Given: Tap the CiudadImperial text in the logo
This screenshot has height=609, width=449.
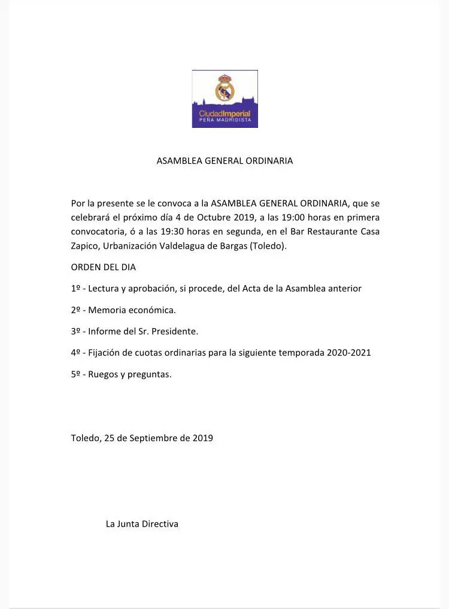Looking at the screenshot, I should pos(224,113).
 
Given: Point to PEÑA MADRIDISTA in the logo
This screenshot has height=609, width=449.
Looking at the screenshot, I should pos(224,120).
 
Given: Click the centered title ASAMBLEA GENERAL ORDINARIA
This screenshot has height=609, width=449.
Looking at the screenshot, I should pos(224,161).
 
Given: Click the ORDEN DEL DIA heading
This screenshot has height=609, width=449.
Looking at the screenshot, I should pos(103,267).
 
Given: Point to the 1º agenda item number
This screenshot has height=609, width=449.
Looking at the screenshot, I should pos(75,289).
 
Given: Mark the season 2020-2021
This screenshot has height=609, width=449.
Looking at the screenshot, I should pos(348,353).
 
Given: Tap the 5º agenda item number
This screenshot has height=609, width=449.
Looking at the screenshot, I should pos(75,374).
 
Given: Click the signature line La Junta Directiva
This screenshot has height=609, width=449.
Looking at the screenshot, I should pos(142,524).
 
